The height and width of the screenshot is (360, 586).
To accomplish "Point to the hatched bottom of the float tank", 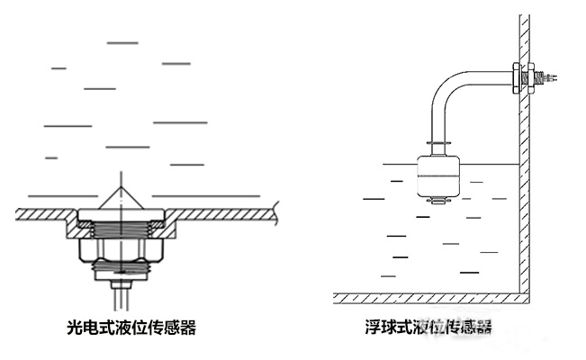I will point(428,298).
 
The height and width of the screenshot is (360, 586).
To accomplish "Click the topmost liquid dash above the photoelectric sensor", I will point(122,42).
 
